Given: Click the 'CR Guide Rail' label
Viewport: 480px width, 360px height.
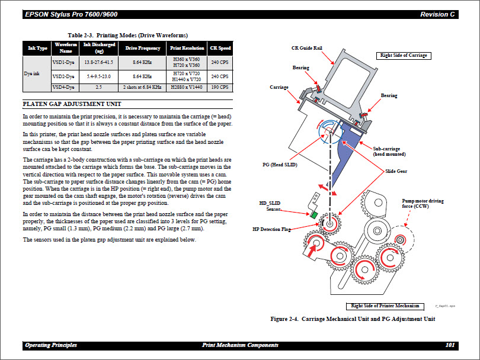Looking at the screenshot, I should click(x=306, y=49).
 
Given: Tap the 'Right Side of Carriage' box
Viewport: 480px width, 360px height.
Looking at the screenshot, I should click(x=404, y=56).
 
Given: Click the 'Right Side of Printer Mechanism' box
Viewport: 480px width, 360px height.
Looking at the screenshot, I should click(x=385, y=306).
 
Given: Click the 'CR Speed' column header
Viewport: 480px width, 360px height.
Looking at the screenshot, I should click(x=220, y=48).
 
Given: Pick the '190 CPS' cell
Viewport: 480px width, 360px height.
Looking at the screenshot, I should click(x=220, y=88).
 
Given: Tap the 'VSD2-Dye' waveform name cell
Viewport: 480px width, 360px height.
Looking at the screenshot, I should click(x=63, y=76).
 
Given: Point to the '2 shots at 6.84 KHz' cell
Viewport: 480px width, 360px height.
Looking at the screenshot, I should click(x=142, y=88).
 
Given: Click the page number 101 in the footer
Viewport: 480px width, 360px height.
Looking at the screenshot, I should click(x=450, y=345).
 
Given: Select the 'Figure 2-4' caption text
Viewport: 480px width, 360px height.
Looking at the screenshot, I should click(x=353, y=319).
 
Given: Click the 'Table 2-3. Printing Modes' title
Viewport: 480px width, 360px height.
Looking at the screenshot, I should click(x=127, y=35).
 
